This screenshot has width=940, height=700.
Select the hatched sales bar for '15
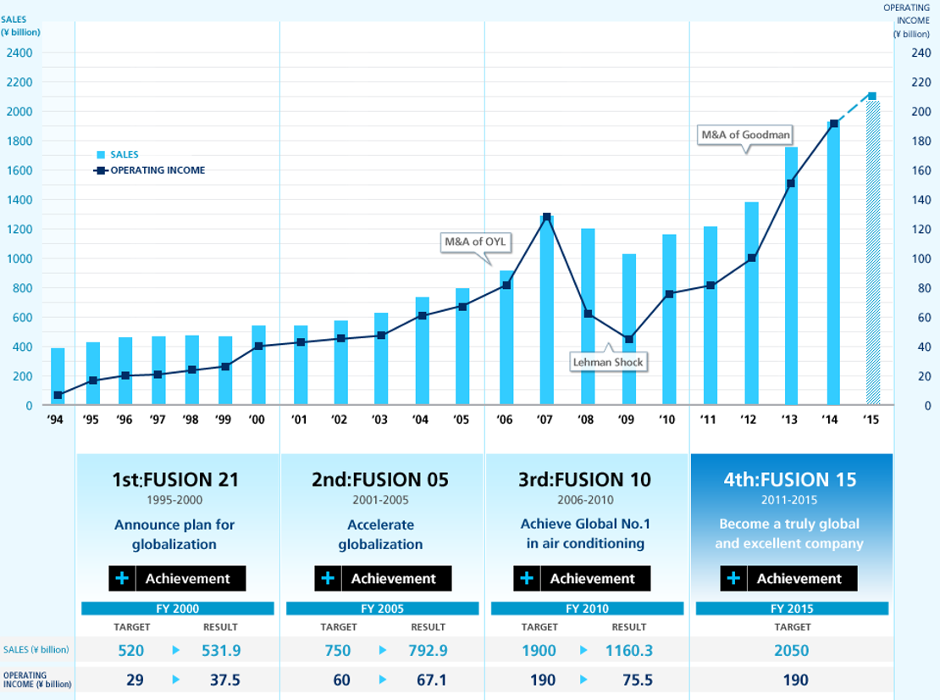tap(872, 254)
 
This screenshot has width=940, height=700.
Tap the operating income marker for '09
tap(628, 339)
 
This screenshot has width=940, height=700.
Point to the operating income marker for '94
tap(58, 395)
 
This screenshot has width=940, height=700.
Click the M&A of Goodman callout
tap(746, 135)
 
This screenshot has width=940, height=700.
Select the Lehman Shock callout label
tap(608, 362)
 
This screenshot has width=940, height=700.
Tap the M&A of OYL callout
tap(475, 242)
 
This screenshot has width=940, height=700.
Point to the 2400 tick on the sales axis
tap(19, 53)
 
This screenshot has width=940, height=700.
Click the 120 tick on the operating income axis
tap(920, 230)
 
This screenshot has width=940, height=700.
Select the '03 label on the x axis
tap(380, 419)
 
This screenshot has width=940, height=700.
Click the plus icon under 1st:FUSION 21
tap(122, 579)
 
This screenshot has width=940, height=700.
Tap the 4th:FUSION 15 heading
tap(790, 480)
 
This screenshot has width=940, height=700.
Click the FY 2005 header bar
tap(383, 608)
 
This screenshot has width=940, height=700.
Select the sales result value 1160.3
tap(628, 651)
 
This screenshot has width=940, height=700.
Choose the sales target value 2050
tap(791, 651)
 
